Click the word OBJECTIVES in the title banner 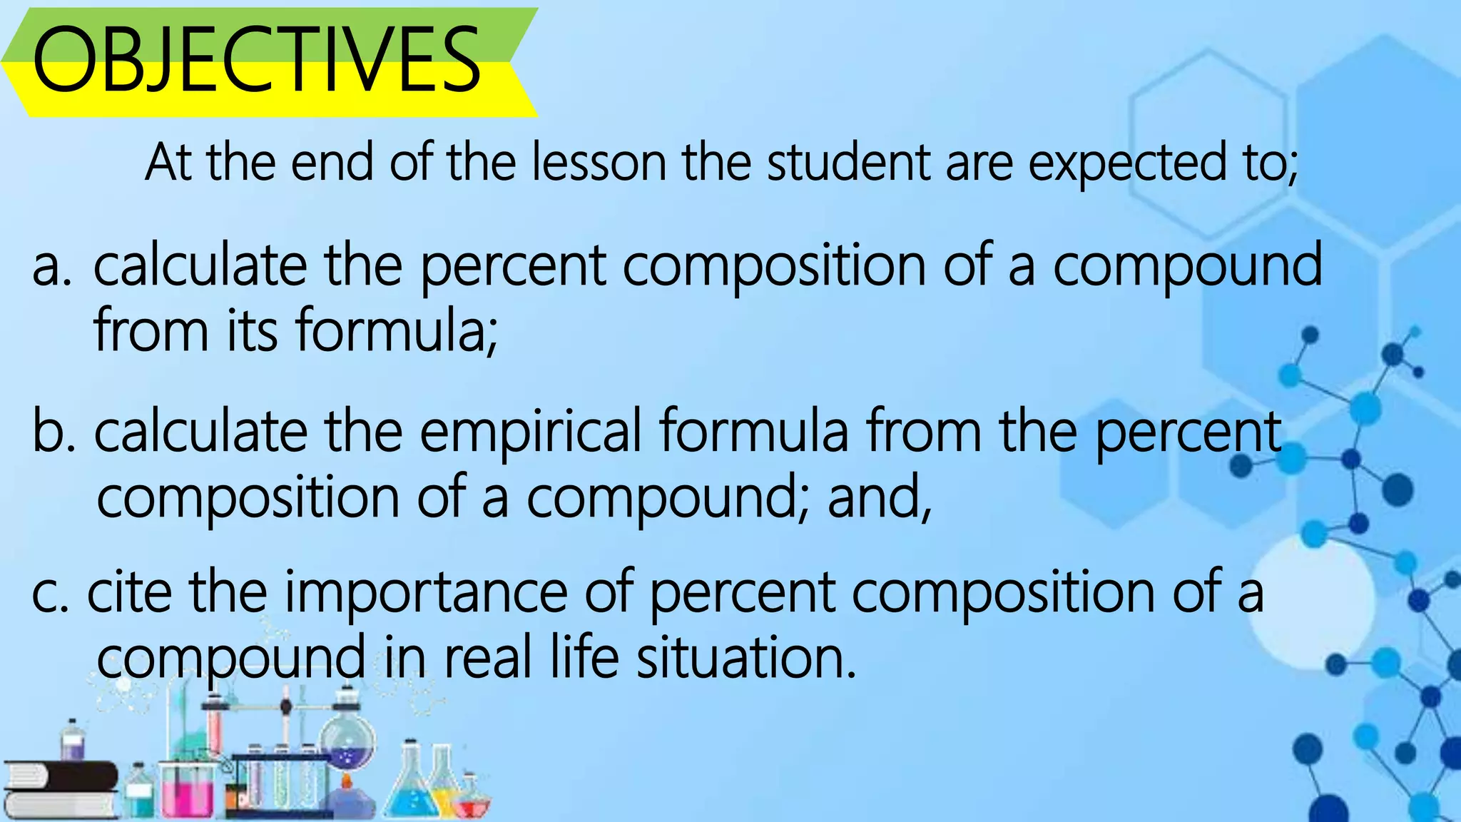257,60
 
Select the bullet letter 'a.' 51,266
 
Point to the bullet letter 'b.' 54,431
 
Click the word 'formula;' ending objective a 396,330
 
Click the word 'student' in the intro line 848,163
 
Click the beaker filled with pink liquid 187,791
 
